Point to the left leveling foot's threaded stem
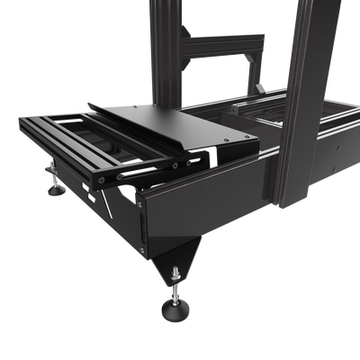55,179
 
